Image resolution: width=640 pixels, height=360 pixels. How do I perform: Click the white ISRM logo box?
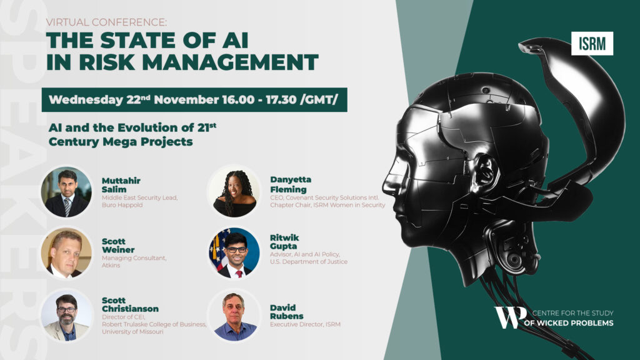[x=592, y=43]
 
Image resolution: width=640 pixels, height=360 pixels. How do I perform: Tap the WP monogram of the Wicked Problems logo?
[x=510, y=317]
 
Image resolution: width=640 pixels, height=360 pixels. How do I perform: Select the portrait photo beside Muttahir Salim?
[x=66, y=192]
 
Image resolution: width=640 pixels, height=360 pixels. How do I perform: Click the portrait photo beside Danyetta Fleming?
[x=234, y=192]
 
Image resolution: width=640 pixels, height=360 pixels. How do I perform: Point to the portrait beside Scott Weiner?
[x=66, y=252]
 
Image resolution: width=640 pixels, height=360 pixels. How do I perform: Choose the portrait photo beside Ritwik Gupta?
[x=234, y=252]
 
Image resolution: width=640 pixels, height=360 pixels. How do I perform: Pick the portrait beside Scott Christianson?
[x=66, y=315]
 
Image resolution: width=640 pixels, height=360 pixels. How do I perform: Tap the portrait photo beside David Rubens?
[x=234, y=315]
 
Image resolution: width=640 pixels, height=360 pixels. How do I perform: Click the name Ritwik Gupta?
[x=284, y=242]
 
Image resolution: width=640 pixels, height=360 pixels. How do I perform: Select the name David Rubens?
[x=286, y=312]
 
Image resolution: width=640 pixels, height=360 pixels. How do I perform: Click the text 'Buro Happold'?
[x=122, y=205]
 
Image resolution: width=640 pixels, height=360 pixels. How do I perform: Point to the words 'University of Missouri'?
[x=132, y=332]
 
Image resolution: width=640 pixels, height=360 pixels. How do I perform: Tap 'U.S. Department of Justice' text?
[x=309, y=262]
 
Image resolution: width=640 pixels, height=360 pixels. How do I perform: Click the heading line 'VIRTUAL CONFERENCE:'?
[x=106, y=22]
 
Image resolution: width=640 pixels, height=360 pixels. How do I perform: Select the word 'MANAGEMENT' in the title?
[x=230, y=62]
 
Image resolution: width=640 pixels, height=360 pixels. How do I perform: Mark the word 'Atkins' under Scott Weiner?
[x=111, y=265]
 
